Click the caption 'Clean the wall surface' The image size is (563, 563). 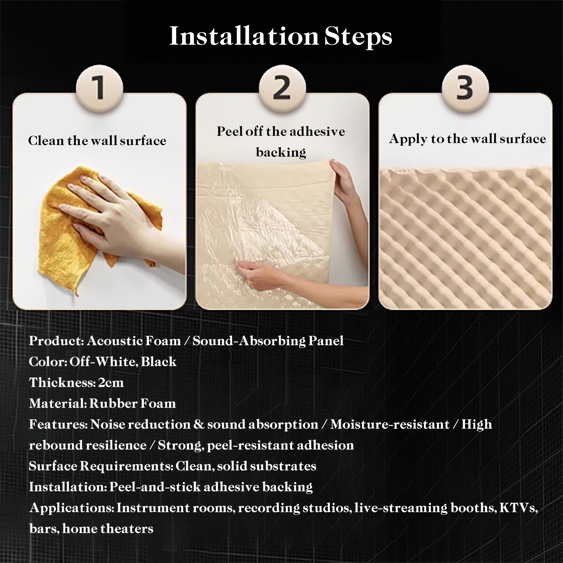97,140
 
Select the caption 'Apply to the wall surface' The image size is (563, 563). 467,139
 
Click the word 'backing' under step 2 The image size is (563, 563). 281,153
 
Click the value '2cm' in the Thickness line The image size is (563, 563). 111,383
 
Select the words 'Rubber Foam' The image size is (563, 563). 132,404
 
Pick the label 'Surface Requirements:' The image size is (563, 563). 101,466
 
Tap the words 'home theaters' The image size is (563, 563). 108,529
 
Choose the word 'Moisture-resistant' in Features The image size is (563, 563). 390,425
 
